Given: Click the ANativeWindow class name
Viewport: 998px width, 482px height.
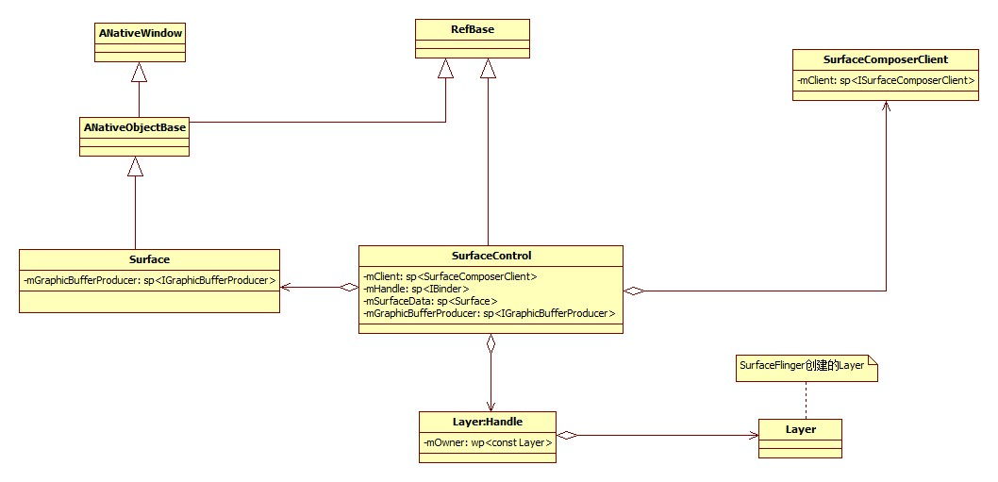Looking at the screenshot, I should [141, 33].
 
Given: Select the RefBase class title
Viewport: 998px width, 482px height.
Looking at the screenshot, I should [473, 29].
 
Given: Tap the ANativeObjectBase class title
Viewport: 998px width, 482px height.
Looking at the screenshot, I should [135, 127].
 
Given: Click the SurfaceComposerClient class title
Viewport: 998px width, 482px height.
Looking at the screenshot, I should [885, 59].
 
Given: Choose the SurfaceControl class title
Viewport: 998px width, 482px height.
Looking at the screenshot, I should [491, 255].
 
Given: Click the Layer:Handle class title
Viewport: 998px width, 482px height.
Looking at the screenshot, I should [487, 421].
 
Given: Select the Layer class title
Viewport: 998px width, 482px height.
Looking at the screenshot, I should [800, 429].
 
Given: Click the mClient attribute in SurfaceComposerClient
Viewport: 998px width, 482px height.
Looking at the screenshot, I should [885, 81].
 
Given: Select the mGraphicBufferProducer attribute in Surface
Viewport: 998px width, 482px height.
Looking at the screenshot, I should [149, 279].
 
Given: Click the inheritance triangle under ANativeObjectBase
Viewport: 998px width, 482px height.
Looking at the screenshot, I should [135, 166].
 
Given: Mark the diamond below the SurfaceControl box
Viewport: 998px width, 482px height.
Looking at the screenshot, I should [491, 343].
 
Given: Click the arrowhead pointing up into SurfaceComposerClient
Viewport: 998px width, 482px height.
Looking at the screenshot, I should [885, 108].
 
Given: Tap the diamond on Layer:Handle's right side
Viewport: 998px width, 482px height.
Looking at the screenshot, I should [566, 435].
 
